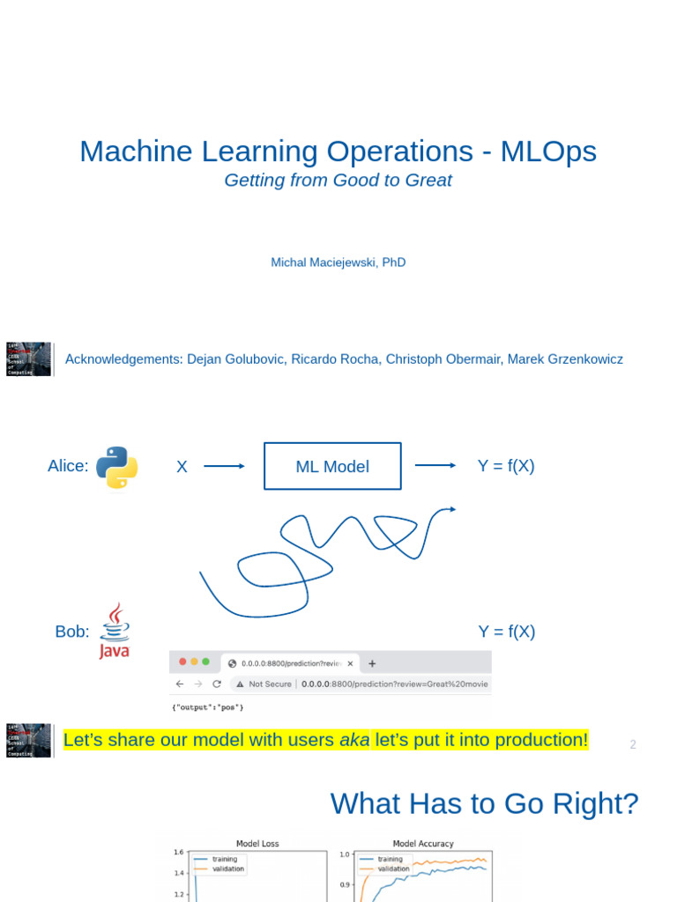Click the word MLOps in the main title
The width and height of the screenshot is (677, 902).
pyautogui.click(x=548, y=152)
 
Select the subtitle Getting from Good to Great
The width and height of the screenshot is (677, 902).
pyautogui.click(x=338, y=181)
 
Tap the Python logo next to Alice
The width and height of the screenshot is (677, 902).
pyautogui.click(x=116, y=467)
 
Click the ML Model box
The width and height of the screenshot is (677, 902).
pyautogui.click(x=332, y=466)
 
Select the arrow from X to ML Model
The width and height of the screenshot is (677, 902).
pyautogui.click(x=224, y=466)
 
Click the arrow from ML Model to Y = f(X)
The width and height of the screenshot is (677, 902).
pyautogui.click(x=435, y=466)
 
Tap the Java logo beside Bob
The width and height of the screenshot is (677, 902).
pyautogui.click(x=115, y=632)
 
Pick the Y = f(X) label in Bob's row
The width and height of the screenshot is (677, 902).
pyautogui.click(x=507, y=632)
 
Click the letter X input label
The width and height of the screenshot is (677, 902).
pyautogui.click(x=182, y=467)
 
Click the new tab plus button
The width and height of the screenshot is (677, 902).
pyautogui.click(x=372, y=663)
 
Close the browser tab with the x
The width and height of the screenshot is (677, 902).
pyautogui.click(x=350, y=663)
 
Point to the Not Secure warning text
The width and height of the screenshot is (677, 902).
pyautogui.click(x=269, y=684)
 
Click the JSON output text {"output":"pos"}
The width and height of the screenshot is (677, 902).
pyautogui.click(x=207, y=707)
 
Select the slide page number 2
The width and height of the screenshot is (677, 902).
pyautogui.click(x=632, y=744)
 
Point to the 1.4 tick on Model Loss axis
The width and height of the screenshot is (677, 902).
pyautogui.click(x=178, y=873)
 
